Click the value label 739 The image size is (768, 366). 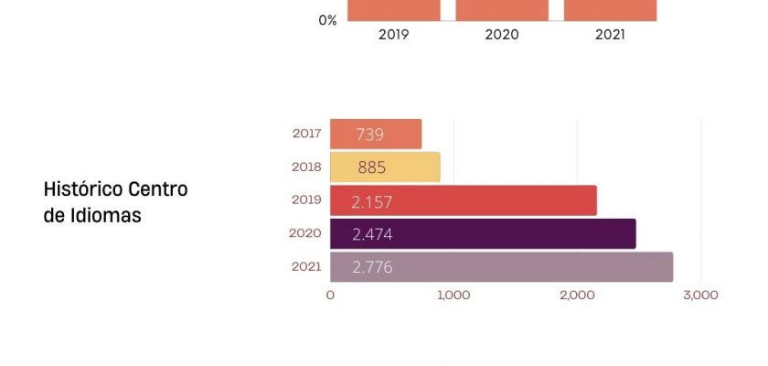(x=369, y=135)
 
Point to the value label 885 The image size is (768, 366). (x=372, y=167)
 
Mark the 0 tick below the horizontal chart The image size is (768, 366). (x=330, y=296)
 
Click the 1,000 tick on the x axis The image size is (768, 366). (x=453, y=296)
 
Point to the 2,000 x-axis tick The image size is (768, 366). (x=577, y=296)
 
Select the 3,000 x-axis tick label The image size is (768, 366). (x=700, y=296)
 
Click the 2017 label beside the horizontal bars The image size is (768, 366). (x=306, y=134)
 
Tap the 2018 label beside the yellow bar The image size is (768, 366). (x=306, y=167)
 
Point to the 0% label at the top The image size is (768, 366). (x=327, y=19)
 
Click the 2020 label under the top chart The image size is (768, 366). (x=502, y=35)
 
